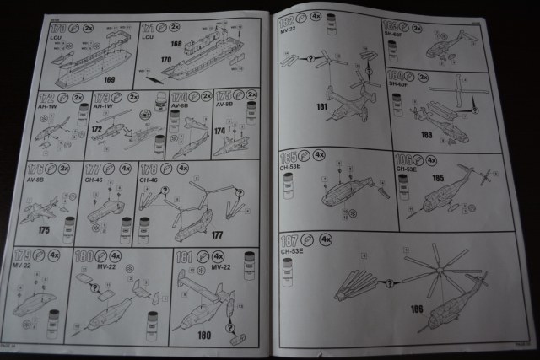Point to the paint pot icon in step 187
(x=288, y=271)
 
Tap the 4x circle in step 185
(x=319, y=157)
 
